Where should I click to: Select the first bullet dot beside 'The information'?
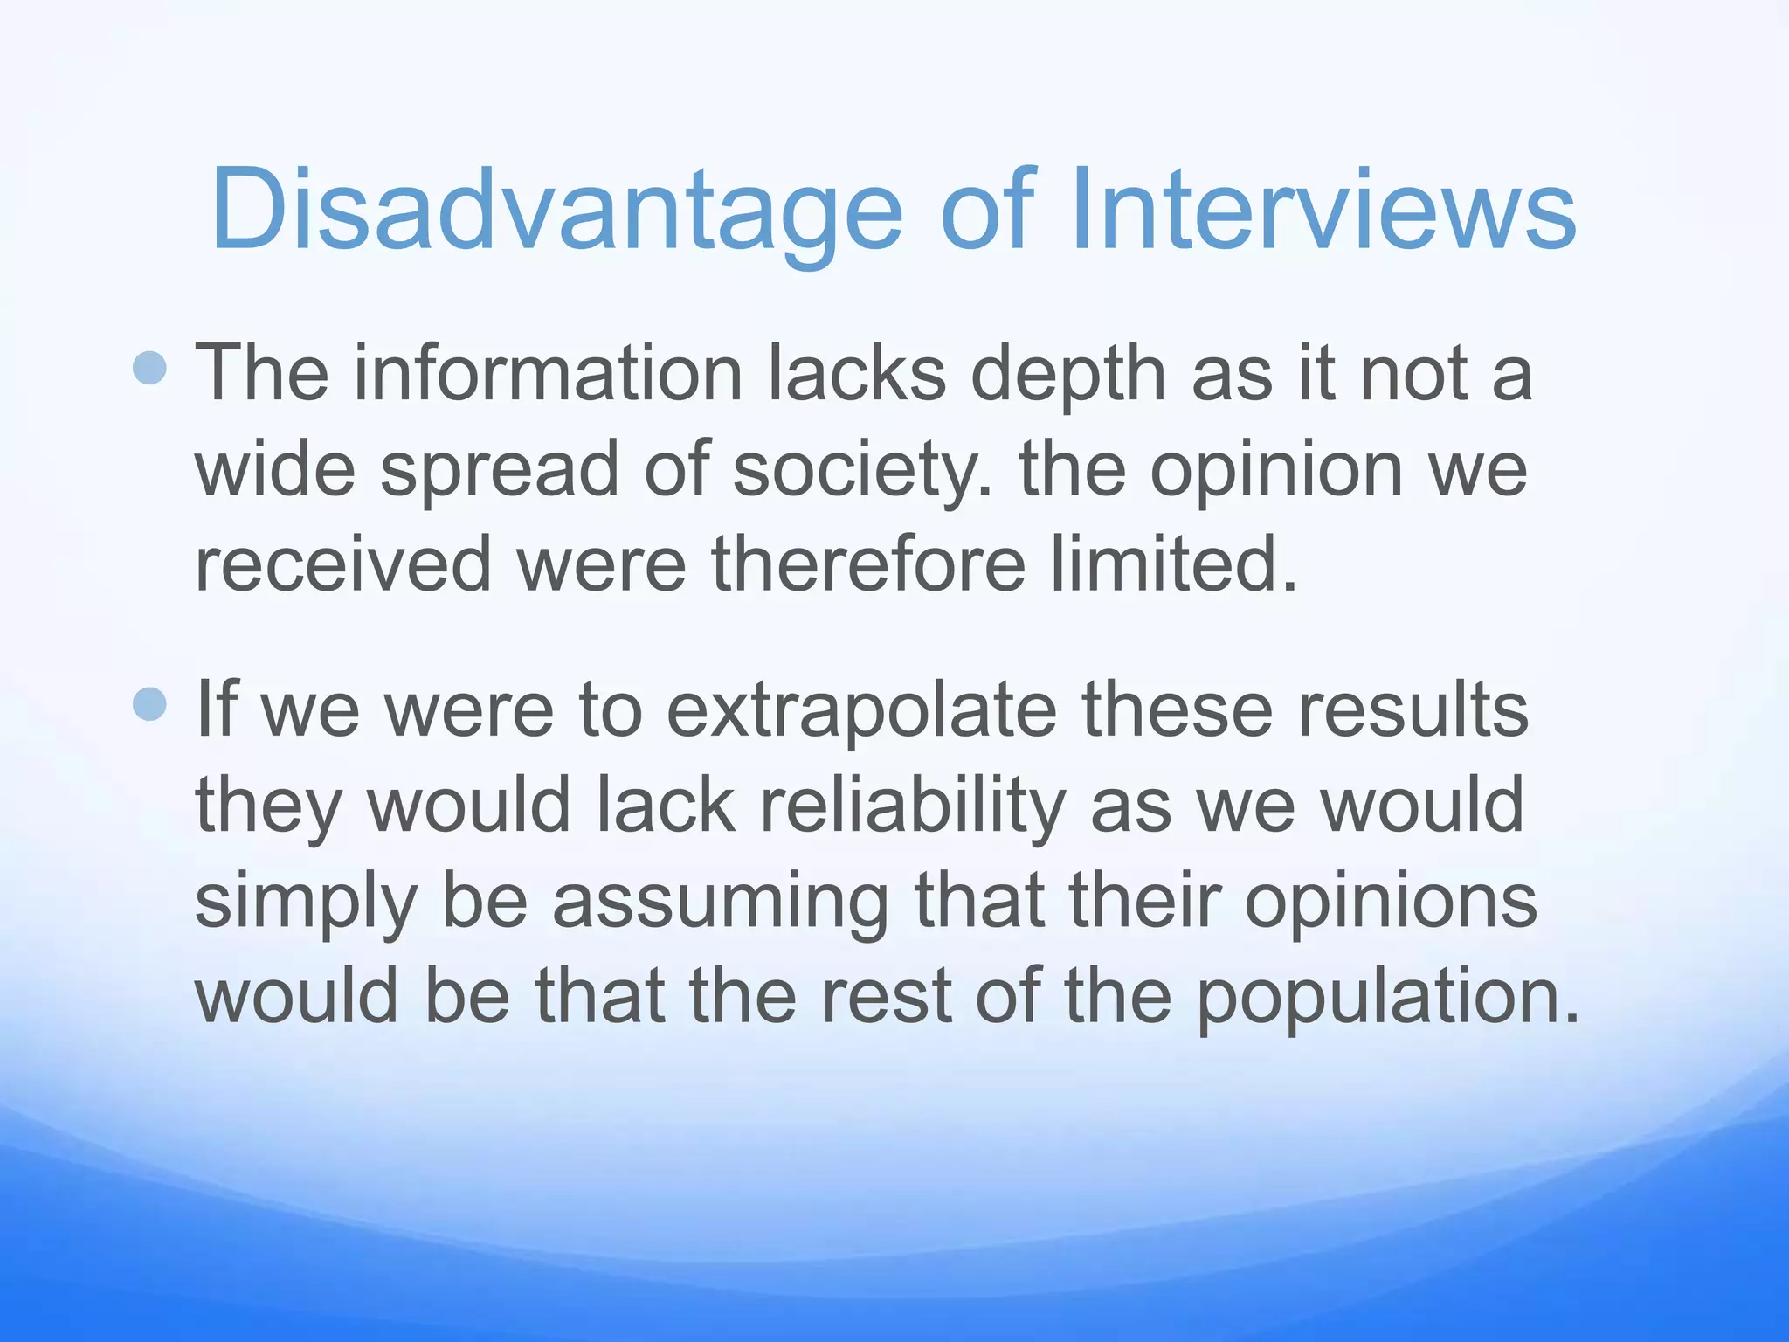[x=149, y=368]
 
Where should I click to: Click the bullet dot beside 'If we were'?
[x=149, y=703]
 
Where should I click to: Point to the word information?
[x=548, y=374]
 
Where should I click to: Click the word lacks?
[x=856, y=374]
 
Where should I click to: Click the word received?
[x=343, y=564]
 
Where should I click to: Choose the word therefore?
[x=868, y=564]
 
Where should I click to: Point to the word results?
[x=1413, y=709]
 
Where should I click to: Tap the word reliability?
[x=912, y=806]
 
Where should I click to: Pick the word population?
[x=1387, y=998]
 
